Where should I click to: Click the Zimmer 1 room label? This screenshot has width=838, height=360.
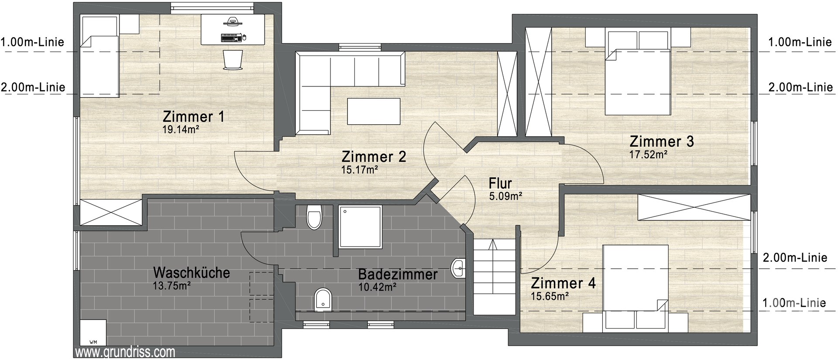tap(193, 117)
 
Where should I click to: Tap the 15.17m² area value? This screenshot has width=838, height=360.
tap(359, 170)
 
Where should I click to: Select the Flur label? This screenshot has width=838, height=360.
tap(500, 183)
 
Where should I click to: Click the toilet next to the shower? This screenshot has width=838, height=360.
tap(314, 217)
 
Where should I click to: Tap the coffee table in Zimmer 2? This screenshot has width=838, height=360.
tap(374, 111)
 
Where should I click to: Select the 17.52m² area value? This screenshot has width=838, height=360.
tap(648, 154)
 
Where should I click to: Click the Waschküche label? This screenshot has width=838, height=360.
tap(191, 273)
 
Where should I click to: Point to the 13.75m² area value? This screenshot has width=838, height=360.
tap(171, 286)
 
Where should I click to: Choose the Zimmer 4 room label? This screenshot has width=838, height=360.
tap(563, 283)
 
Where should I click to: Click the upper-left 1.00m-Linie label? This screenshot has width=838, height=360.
tap(32, 42)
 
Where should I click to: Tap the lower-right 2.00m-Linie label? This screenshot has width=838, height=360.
tap(795, 257)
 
